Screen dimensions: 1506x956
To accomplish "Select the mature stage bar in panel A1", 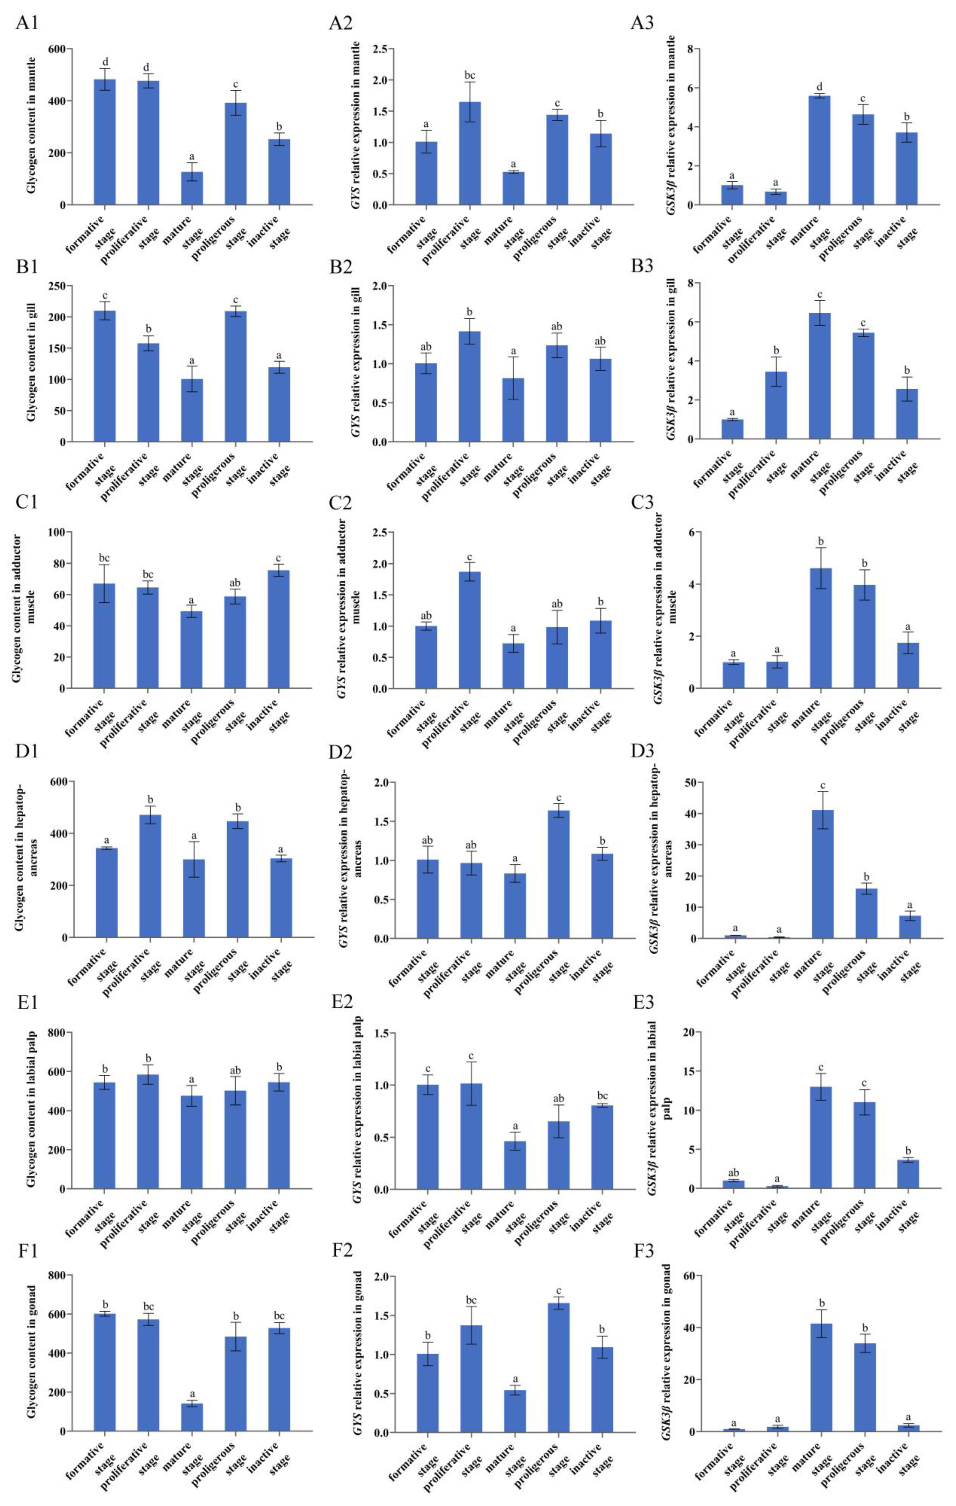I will pyautogui.click(x=192, y=188).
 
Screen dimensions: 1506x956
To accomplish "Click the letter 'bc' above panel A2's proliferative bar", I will pyautogui.click(x=470, y=76).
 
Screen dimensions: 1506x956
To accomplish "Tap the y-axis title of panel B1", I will pyautogui.click(x=31, y=363).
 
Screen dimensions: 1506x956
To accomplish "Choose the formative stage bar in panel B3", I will pyautogui.click(x=732, y=429).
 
